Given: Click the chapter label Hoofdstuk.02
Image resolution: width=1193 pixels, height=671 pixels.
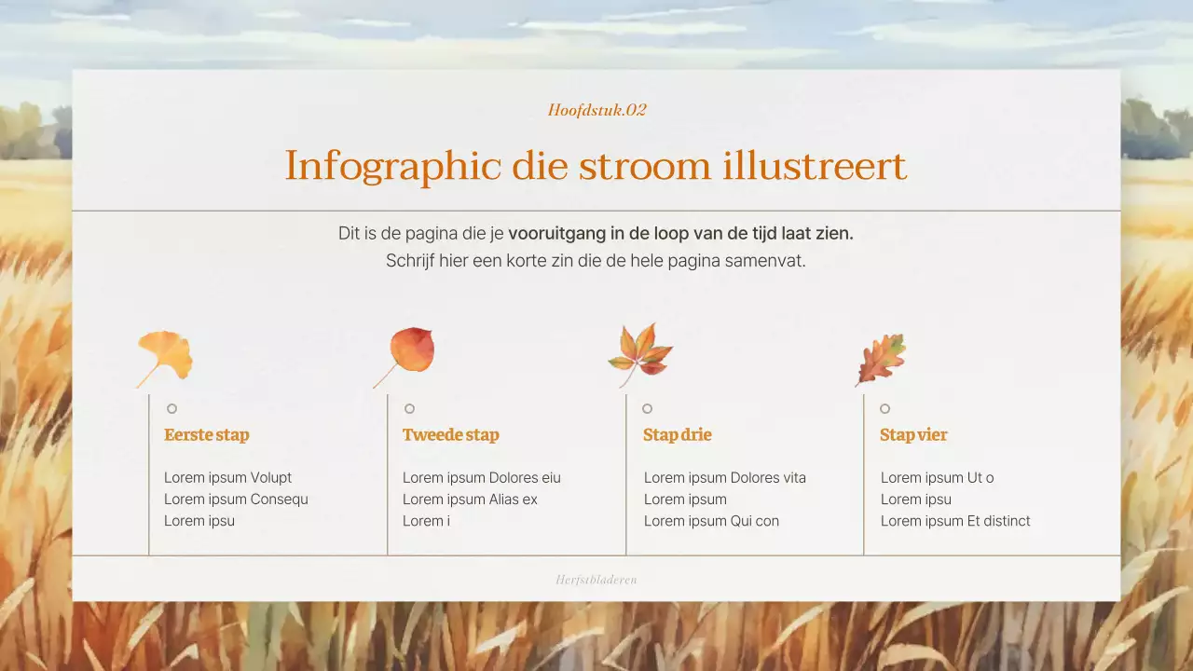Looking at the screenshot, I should click(x=596, y=110).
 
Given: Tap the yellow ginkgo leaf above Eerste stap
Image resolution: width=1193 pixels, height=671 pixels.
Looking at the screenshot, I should click(x=167, y=355).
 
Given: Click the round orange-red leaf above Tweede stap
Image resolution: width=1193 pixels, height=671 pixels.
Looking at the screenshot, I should click(x=410, y=351).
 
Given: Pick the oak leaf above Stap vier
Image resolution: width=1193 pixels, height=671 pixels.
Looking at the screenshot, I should click(x=881, y=358).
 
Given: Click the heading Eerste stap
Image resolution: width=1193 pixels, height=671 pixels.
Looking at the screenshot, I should click(x=206, y=435).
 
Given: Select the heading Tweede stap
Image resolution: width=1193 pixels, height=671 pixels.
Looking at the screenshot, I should click(x=450, y=435).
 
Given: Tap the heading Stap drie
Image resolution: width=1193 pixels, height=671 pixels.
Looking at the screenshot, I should click(x=677, y=435).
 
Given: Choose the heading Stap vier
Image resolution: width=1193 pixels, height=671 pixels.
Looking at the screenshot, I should click(x=912, y=435).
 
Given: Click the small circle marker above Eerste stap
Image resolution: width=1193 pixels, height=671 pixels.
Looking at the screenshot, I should click(x=171, y=408).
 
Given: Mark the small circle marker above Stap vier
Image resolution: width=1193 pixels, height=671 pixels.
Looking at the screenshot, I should click(x=884, y=408).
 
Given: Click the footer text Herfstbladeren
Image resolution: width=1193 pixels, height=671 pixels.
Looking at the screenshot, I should click(x=596, y=580).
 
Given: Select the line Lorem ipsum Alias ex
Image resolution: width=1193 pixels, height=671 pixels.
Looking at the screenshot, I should click(x=470, y=500).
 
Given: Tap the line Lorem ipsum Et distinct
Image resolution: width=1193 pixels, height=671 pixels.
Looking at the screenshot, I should click(x=955, y=521).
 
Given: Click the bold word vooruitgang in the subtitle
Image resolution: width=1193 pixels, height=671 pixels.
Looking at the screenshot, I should click(x=553, y=234).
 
